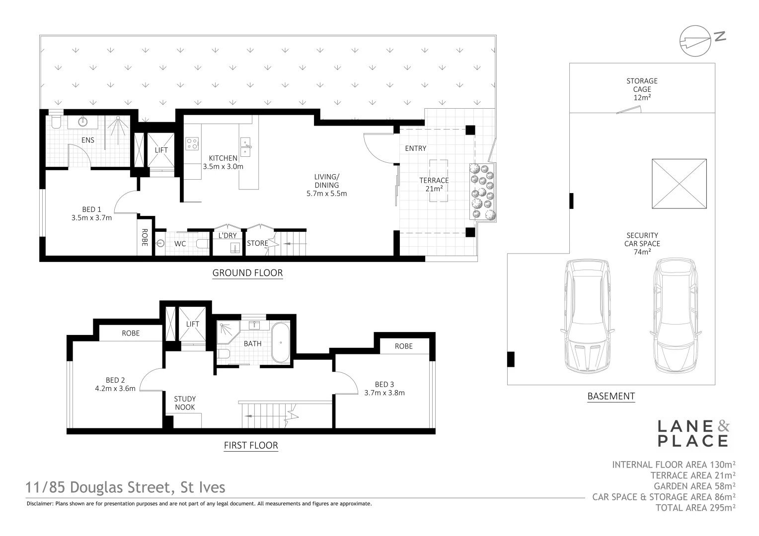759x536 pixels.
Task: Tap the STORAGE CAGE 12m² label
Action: pos(642,89)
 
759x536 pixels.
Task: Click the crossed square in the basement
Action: pos(679,184)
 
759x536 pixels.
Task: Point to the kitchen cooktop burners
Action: pos(192,143)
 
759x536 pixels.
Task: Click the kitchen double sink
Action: pos(246,147)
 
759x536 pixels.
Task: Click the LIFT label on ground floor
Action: pos(161,150)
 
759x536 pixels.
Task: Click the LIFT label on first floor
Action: pos(192,324)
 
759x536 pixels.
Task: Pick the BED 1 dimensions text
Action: pos(91,217)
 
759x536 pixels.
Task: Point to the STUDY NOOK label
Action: pos(184,403)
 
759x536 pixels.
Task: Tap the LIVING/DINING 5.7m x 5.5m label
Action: pos(326,185)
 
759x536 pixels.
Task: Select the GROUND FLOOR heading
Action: pos(247,272)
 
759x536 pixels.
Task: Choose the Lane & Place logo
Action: pos(693,433)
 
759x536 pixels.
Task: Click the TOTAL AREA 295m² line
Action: pos(695,508)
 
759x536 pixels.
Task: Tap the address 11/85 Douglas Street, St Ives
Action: pos(126,487)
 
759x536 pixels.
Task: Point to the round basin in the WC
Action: pos(160,244)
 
